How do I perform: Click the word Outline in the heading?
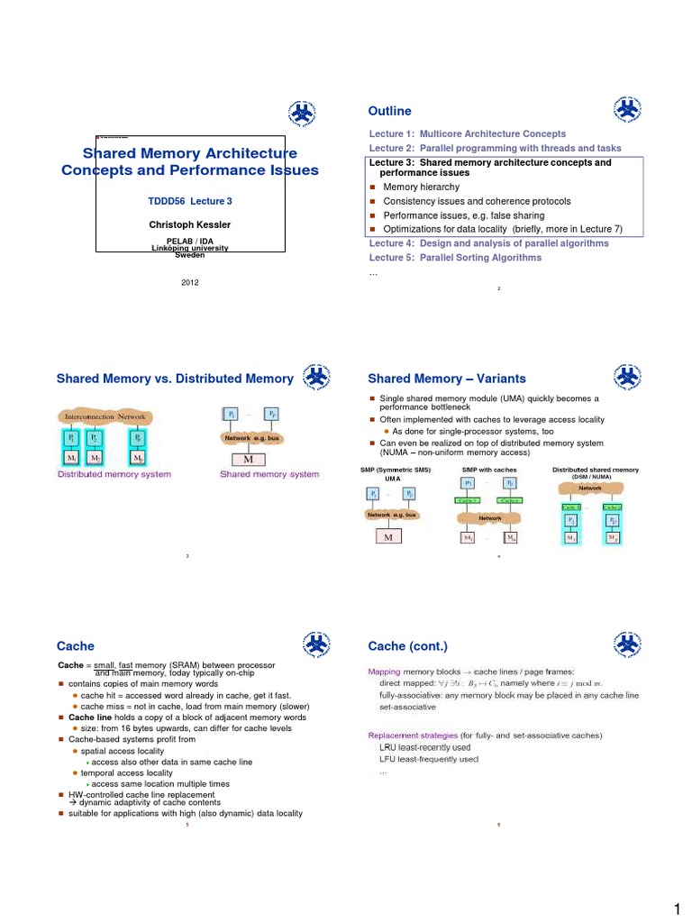pyautogui.click(x=389, y=111)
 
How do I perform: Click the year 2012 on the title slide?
pyautogui.click(x=190, y=282)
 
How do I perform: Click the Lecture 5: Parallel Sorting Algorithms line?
pyautogui.click(x=455, y=258)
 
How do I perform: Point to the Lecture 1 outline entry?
pyautogui.click(x=468, y=133)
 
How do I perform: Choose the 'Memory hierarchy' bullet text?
pyautogui.click(x=420, y=187)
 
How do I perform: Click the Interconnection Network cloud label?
pyautogui.click(x=105, y=417)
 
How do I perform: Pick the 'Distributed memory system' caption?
pyautogui.click(x=114, y=474)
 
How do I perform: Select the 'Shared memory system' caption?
pyautogui.click(x=269, y=474)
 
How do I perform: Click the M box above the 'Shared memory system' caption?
pyautogui.click(x=248, y=458)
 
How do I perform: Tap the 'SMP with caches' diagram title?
pyautogui.click(x=488, y=470)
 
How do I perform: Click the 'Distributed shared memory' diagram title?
pyautogui.click(x=595, y=470)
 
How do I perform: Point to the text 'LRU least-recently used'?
pyautogui.click(x=425, y=748)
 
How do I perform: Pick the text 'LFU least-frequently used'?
pyautogui.click(x=429, y=760)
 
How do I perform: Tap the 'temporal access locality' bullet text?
pyautogui.click(x=126, y=773)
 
